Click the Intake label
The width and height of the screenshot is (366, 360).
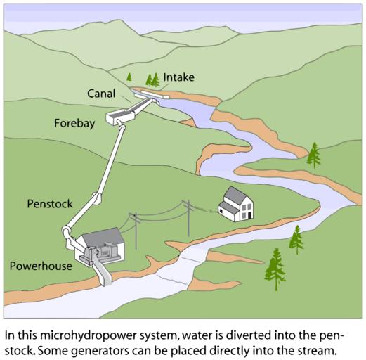(x=178, y=77)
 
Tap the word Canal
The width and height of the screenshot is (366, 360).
(x=101, y=94)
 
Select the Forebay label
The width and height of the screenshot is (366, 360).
(x=74, y=123)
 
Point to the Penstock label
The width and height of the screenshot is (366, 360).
(x=50, y=204)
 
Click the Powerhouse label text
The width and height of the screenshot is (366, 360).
(x=41, y=266)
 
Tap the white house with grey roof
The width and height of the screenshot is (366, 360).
(x=236, y=204)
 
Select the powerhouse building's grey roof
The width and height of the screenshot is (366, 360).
(x=103, y=236)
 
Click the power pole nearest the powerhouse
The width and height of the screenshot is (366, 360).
(x=136, y=231)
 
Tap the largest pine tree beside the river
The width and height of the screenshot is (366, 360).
(x=275, y=269)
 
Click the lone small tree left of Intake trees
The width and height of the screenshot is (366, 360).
(x=129, y=77)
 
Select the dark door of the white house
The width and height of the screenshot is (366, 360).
(x=250, y=215)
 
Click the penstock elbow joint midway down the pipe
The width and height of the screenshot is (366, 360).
(x=97, y=199)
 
